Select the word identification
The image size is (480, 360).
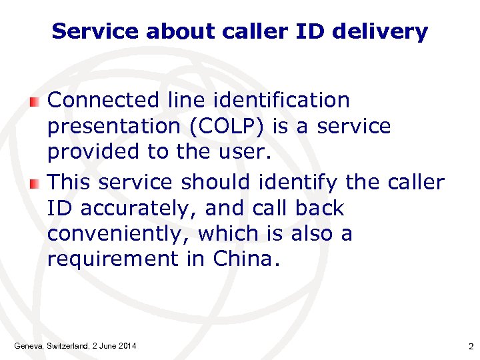point(287,101)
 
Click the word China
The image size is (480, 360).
point(243,259)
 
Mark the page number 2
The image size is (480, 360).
point(470,345)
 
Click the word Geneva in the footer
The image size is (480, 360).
point(28,345)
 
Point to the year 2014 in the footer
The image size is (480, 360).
point(126,345)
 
